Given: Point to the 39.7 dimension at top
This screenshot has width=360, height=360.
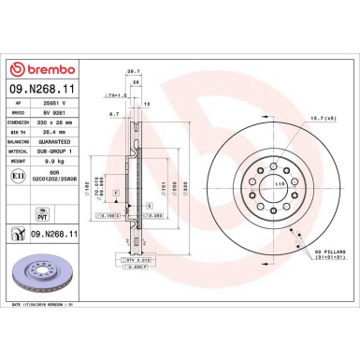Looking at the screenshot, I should [132, 71].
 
